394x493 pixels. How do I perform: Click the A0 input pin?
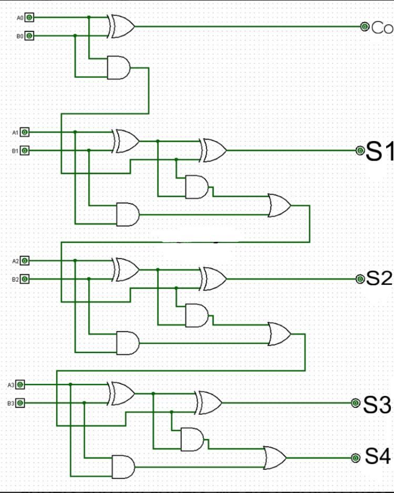click(x=29, y=17)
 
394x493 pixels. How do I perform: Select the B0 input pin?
click(x=29, y=36)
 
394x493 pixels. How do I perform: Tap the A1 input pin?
click(x=25, y=132)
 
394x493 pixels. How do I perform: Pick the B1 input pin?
click(x=25, y=151)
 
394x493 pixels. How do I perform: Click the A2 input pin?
click(x=25, y=261)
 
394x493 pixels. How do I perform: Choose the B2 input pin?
click(x=25, y=279)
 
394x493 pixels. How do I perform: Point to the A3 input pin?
click(x=20, y=384)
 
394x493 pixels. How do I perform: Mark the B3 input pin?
click(x=20, y=403)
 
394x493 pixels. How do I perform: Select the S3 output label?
click(x=377, y=404)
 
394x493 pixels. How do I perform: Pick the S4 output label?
click(x=377, y=457)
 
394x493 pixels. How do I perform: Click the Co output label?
click(x=382, y=27)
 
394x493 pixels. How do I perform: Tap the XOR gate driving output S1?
click(x=213, y=151)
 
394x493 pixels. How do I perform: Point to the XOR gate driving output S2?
click(x=213, y=278)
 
